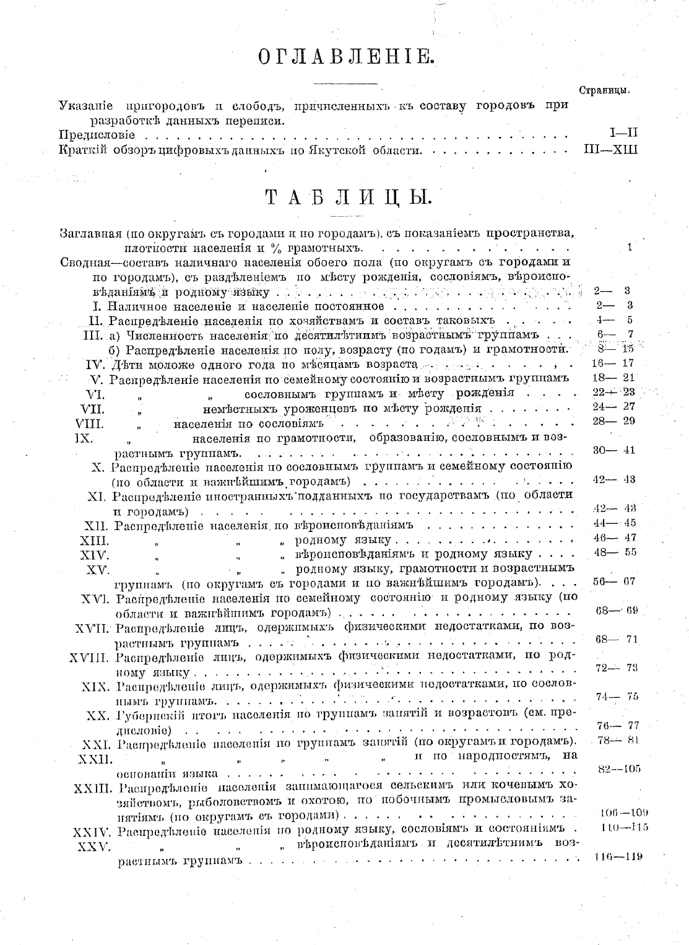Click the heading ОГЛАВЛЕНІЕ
pyautogui.click(x=345, y=58)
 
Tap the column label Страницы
pyautogui.click(x=604, y=90)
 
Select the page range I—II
pyautogui.click(x=623, y=133)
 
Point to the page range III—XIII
pyautogui.click(x=610, y=149)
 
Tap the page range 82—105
pyautogui.click(x=619, y=769)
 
